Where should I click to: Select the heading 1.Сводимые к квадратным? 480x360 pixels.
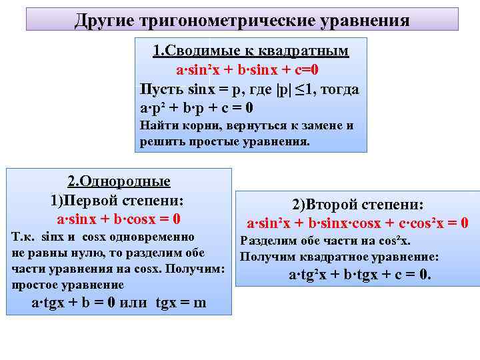coord(251,51)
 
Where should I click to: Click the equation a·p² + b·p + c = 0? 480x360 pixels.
coord(197,108)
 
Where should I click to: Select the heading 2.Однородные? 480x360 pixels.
coord(119,181)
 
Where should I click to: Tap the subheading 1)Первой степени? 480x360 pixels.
coord(117,200)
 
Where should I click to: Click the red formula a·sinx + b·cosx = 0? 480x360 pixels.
coord(119,219)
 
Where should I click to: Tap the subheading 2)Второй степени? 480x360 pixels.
coord(358,205)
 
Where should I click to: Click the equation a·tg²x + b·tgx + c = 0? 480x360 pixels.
coord(360,275)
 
